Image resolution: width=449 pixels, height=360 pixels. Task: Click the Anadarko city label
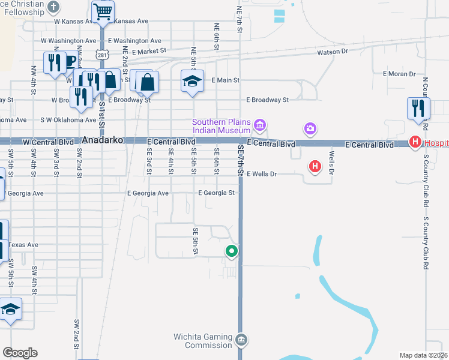coord(103,139)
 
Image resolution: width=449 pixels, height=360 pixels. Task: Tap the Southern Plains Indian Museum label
coord(221,127)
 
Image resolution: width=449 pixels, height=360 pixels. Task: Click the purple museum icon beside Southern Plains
coord(260,125)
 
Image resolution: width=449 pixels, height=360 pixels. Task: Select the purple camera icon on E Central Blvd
coord(310,128)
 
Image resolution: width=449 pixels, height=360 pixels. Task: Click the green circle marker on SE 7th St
coord(232,251)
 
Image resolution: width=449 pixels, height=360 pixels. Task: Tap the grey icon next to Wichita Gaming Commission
coord(241,340)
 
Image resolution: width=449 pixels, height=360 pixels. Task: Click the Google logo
coord(20,353)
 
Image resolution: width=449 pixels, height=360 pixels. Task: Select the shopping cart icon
coord(103,10)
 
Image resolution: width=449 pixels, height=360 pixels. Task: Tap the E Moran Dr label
coord(399,74)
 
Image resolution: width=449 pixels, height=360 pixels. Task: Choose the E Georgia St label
coord(217,193)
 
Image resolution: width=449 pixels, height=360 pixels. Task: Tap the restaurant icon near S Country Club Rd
coord(418,108)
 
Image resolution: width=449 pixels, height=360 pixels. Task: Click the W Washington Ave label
coord(68,41)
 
